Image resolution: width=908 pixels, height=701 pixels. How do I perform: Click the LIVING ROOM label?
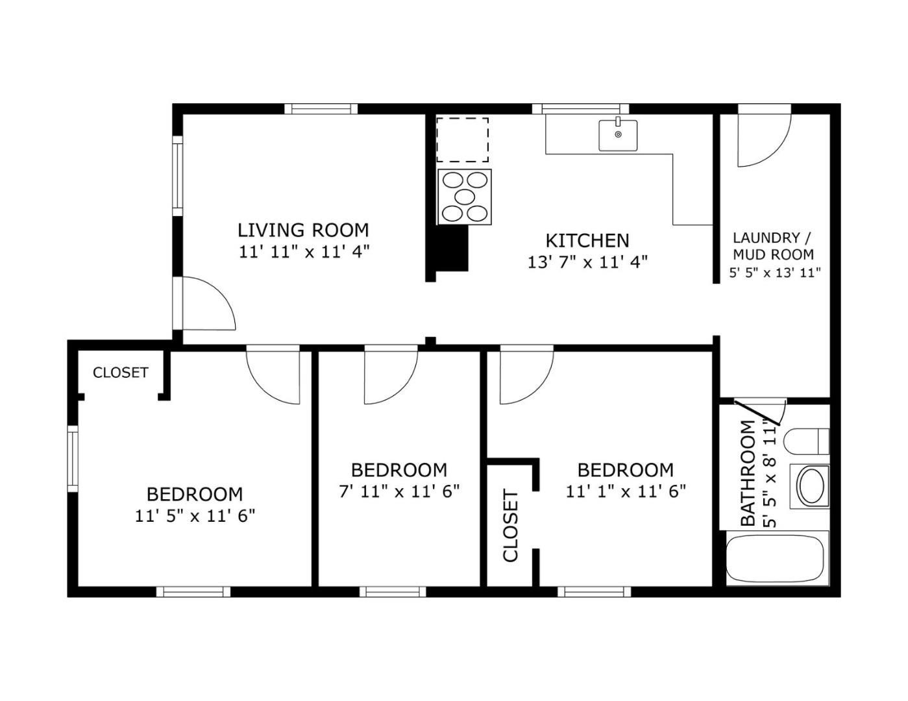(303, 230)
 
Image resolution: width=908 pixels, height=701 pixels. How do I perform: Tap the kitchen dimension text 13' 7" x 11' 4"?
(587, 262)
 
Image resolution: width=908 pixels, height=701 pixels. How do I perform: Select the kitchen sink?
(617, 135)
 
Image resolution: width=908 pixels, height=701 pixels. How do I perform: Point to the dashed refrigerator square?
(462, 140)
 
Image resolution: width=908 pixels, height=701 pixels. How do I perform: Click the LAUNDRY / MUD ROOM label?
(772, 246)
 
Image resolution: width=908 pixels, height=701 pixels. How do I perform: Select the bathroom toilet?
(807, 441)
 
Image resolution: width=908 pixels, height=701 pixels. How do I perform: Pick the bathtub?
(774, 558)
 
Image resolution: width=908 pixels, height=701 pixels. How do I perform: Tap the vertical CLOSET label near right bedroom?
(511, 526)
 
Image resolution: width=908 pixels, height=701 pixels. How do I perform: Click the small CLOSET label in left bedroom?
(120, 373)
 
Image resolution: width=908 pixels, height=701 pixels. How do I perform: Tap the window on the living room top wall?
(321, 108)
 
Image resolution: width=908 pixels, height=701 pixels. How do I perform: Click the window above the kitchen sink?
(580, 108)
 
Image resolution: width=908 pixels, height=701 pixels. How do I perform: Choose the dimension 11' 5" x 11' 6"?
(195, 516)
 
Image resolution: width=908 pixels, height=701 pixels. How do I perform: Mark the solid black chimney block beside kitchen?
(451, 248)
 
